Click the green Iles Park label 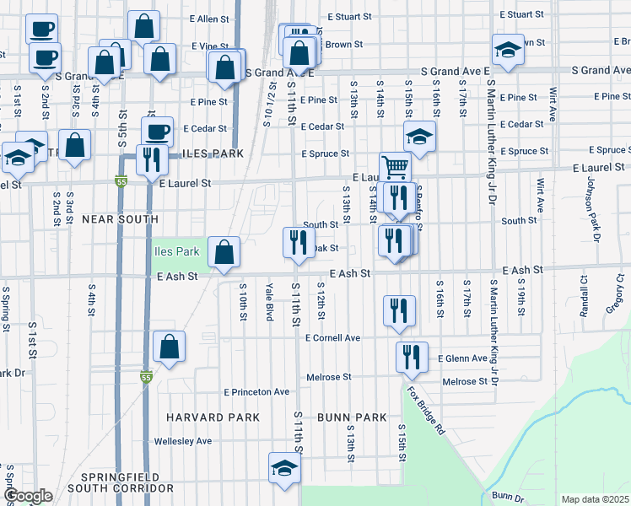pyautogui.click(x=176, y=251)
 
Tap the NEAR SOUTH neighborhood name pyautogui.click(x=120, y=219)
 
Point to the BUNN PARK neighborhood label pyautogui.click(x=352, y=417)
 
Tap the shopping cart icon pyautogui.click(x=394, y=166)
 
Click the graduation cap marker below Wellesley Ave pyautogui.click(x=285, y=468)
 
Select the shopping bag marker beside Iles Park pyautogui.click(x=224, y=252)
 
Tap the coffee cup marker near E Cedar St pyautogui.click(x=157, y=132)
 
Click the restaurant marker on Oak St pyautogui.click(x=297, y=243)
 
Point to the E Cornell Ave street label pyautogui.click(x=333, y=338)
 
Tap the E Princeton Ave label pyautogui.click(x=256, y=392)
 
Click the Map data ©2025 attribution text pyautogui.click(x=595, y=499)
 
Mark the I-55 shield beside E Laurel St pyautogui.click(x=121, y=181)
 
